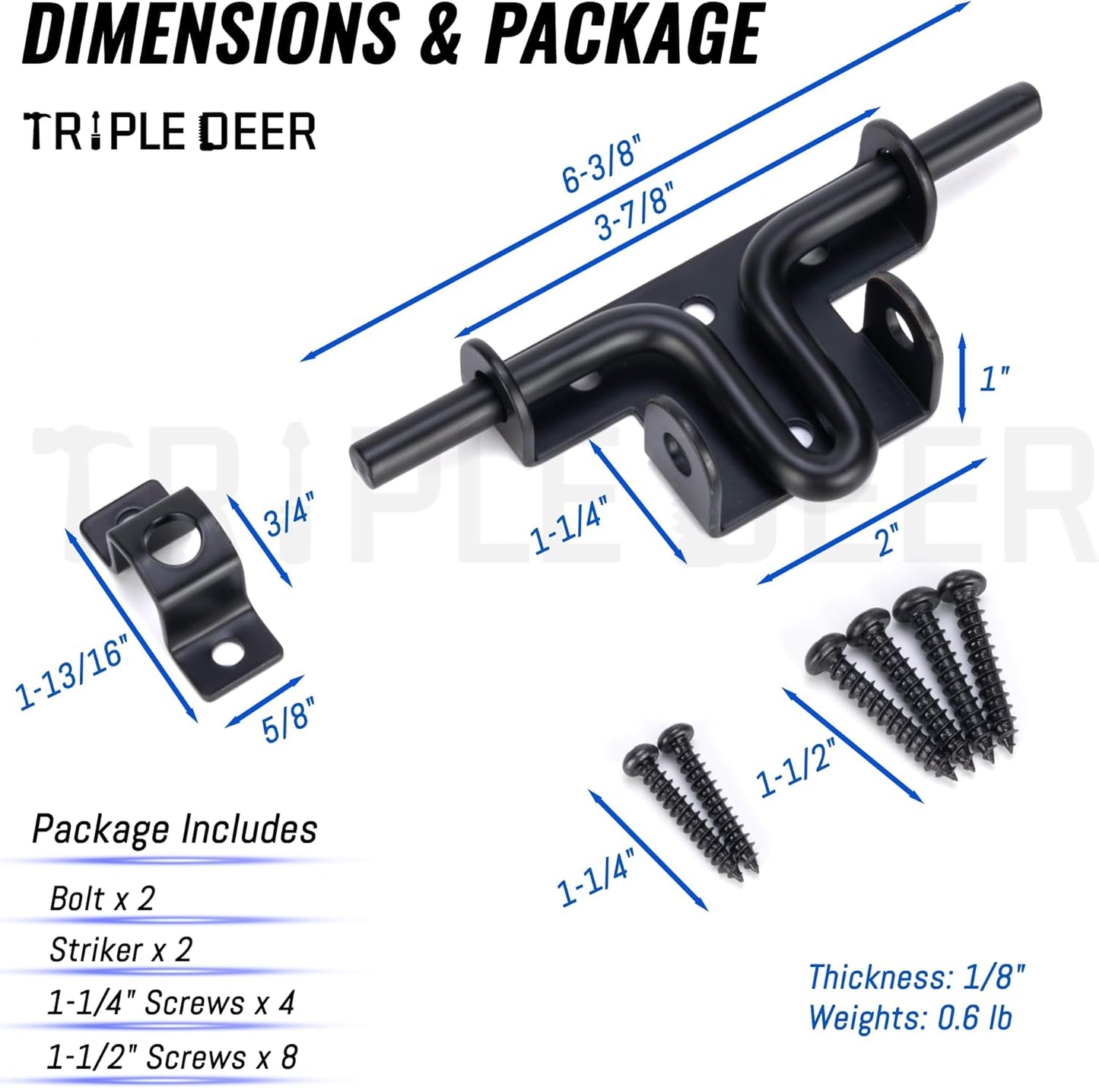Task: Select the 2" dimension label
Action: [x=886, y=541]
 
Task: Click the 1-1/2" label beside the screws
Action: [x=796, y=765]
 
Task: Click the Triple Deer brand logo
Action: [x=170, y=132]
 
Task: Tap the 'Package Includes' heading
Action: [x=174, y=829]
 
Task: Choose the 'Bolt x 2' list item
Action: [x=102, y=899]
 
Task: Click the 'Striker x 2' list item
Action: [x=120, y=950]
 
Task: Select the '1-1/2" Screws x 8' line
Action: [x=172, y=1057]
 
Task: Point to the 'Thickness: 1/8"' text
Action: [x=916, y=978]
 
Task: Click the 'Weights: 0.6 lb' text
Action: [x=910, y=1018]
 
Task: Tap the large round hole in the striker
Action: [x=177, y=542]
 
